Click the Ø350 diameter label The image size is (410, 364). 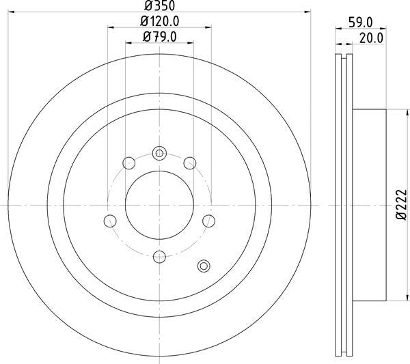[159, 6]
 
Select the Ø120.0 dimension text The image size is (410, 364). [159, 22]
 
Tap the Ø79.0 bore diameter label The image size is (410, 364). [159, 37]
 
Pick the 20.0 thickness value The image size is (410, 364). [371, 38]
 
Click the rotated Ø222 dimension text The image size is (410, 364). [402, 204]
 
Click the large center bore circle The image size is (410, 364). [159, 204]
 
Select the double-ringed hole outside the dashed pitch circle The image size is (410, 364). [203, 265]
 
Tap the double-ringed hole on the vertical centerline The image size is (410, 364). [159, 152]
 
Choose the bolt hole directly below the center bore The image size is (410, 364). [159, 257]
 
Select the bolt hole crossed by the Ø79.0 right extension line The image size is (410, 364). [191, 162]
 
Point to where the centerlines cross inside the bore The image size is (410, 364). [159, 204]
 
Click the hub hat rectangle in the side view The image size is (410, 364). [369, 204]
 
